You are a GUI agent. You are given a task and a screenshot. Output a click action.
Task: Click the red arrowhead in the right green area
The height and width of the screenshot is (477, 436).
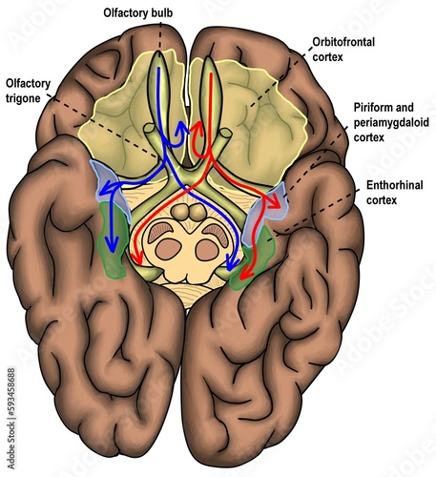point(242,276)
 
